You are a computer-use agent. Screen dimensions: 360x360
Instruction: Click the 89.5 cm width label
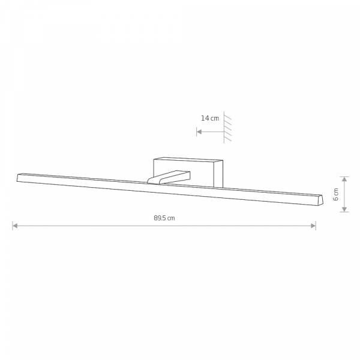[x=164, y=218]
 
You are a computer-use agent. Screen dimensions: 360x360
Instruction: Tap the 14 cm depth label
[x=210, y=118]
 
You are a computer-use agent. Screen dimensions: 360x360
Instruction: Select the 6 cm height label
[x=335, y=194]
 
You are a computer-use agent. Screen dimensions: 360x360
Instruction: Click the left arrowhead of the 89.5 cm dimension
[x=15, y=226]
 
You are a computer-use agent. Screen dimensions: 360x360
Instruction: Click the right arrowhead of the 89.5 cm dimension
[x=313, y=226]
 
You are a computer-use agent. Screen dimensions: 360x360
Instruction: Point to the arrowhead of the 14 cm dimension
[x=199, y=132]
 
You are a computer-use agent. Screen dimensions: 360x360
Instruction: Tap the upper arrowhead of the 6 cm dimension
[x=344, y=179]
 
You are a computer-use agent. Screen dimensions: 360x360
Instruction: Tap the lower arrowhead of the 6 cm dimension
[x=344, y=209]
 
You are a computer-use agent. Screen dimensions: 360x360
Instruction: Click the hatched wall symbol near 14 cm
[x=227, y=127]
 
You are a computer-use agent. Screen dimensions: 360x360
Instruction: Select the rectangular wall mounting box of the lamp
[x=188, y=172]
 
